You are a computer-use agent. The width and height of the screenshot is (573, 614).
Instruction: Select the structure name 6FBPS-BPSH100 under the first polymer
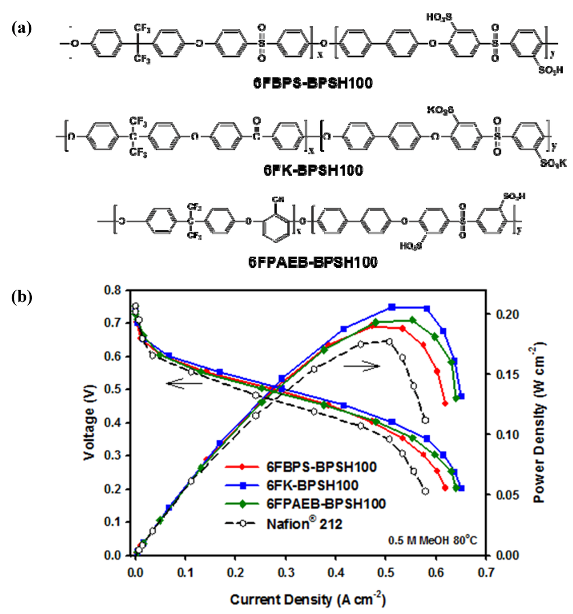[312, 85]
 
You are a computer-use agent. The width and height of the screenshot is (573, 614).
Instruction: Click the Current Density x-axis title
[307, 601]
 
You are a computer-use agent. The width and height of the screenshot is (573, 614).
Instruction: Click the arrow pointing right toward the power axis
[362, 365]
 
